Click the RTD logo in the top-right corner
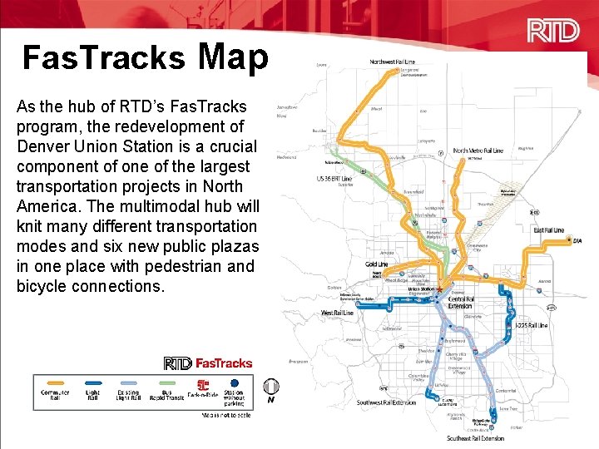(x=553, y=31)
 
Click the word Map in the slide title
(x=233, y=57)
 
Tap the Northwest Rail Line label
(x=393, y=62)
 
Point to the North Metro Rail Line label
(x=478, y=151)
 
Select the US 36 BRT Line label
(x=334, y=179)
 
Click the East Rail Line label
(x=548, y=230)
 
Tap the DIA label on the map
(x=577, y=241)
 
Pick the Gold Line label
(x=377, y=264)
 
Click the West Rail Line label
(x=337, y=313)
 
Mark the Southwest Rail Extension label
(x=386, y=403)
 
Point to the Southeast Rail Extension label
(x=475, y=437)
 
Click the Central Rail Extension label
(x=461, y=303)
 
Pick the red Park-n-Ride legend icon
(x=202, y=386)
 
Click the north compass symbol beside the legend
(x=270, y=387)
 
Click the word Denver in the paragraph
(x=42, y=146)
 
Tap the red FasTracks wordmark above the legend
(x=224, y=363)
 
